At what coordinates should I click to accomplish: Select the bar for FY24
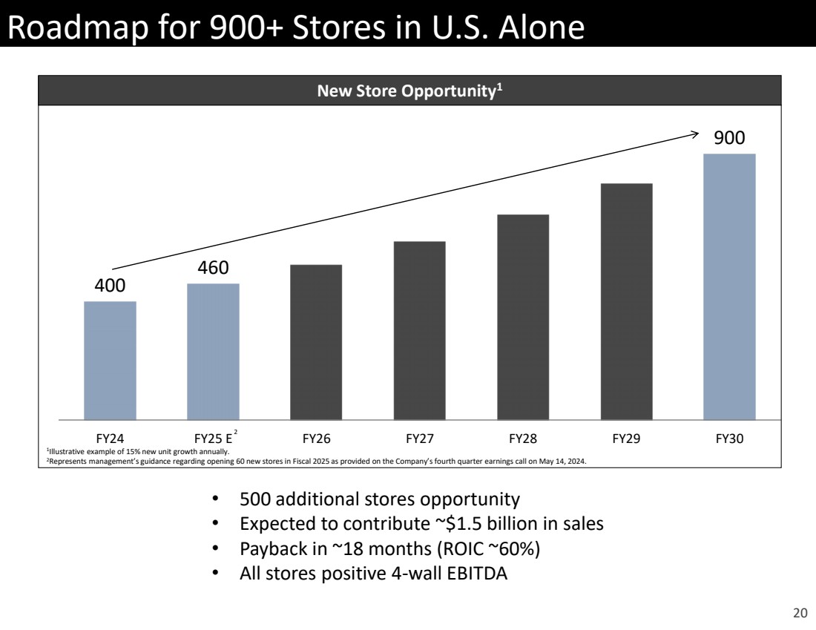(x=110, y=361)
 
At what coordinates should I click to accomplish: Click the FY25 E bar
(x=213, y=352)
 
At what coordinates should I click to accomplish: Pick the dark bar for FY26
(x=316, y=342)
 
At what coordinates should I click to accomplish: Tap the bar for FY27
(x=419, y=330)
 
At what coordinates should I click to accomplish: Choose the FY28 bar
(x=523, y=317)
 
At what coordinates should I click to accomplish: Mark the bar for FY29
(x=626, y=301)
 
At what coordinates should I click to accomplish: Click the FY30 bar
(x=729, y=286)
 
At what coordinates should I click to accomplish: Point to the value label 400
(x=110, y=285)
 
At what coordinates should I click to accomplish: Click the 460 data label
(x=213, y=267)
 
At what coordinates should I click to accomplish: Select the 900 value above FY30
(x=729, y=137)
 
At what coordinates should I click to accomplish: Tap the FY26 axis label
(x=316, y=439)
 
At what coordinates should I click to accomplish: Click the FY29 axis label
(x=626, y=439)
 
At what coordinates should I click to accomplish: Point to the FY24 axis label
(x=110, y=439)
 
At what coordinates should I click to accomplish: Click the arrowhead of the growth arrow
(x=695, y=134)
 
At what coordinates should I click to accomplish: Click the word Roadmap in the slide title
(x=68, y=28)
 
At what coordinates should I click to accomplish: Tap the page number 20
(x=800, y=613)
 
